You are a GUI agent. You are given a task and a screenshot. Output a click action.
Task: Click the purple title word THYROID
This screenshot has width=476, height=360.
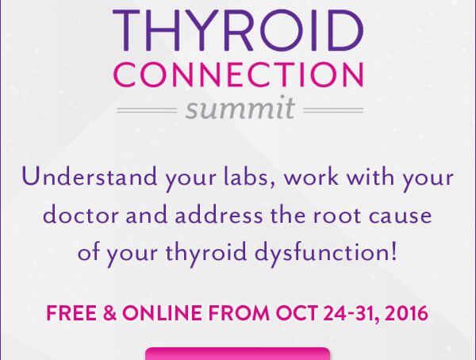tap(238, 30)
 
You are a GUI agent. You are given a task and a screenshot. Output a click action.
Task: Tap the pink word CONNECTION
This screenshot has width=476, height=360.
tap(239, 75)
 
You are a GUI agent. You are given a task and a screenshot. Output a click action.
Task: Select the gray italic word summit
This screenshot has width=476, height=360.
tap(240, 108)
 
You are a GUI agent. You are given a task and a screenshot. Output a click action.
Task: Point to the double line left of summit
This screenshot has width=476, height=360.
tap(147, 110)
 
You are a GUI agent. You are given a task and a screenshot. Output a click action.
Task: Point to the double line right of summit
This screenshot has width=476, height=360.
tap(333, 110)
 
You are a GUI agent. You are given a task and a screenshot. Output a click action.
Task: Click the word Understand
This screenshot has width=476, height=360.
tap(90, 177)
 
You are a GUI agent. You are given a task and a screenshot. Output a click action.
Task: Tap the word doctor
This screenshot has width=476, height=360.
tap(81, 215)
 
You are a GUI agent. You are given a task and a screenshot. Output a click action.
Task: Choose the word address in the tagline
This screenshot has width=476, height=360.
tap(219, 215)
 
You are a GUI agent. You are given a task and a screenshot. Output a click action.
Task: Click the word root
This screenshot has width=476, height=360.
tap(337, 216)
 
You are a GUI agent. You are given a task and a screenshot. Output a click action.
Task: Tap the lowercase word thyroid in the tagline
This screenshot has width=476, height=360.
tap(205, 253)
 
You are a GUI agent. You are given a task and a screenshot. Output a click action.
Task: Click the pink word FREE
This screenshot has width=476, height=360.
tap(71, 313)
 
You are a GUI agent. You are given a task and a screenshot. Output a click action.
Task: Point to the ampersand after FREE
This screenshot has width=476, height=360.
tap(109, 313)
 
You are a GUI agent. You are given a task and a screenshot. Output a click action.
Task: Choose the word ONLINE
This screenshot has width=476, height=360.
tap(163, 313)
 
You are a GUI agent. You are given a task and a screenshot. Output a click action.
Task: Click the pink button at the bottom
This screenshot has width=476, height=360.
tap(238, 354)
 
